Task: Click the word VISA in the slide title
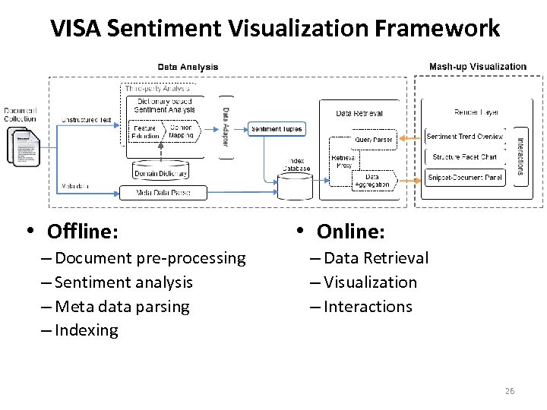77,29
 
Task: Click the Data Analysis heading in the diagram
188,67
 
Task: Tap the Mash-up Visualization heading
477,67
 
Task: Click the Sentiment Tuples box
276,129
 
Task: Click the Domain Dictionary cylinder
160,172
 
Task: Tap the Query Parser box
372,140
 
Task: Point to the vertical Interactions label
520,156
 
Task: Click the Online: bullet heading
350,230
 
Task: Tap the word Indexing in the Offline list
87,330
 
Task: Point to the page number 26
509,391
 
